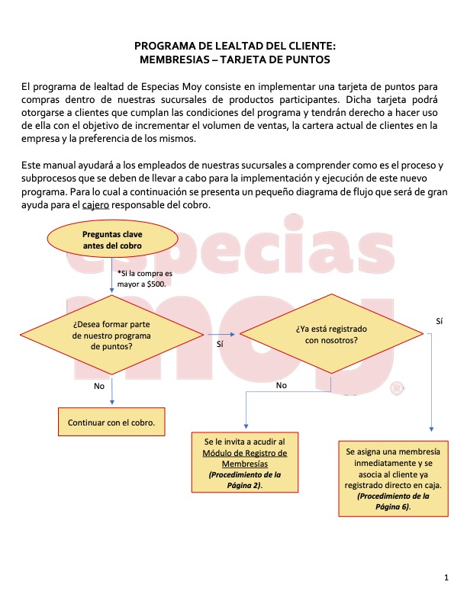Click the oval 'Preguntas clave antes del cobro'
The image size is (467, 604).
[x=112, y=239]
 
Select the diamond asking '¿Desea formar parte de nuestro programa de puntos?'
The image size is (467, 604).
[x=112, y=335]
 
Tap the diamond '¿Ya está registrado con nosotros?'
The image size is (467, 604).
[x=331, y=335]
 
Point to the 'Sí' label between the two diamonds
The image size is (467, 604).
[x=221, y=344]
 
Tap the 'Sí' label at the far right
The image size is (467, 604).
[x=439, y=322]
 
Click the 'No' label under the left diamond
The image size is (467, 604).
[x=99, y=386]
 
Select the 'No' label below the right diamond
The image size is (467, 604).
[x=282, y=386]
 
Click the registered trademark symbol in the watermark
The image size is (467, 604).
[x=395, y=388]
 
